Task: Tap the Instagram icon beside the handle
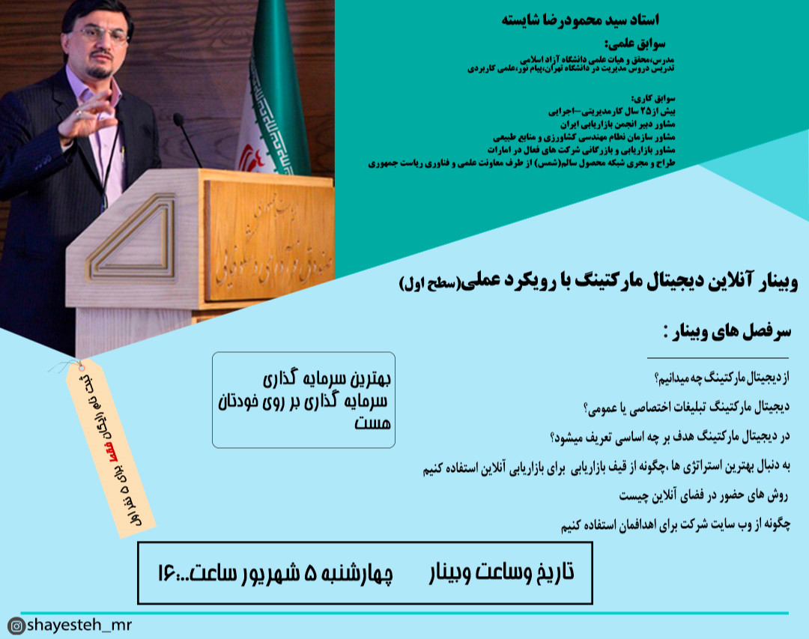pos(15,626)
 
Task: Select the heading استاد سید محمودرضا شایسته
pos(584,19)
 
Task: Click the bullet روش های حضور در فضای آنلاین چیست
pos(704,496)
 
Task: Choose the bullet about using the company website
pos(674,526)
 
